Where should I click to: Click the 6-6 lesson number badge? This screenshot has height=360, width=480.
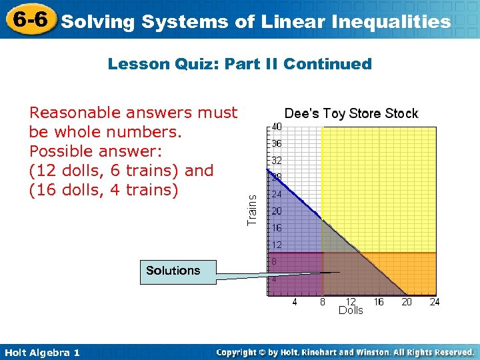pyautogui.click(x=29, y=19)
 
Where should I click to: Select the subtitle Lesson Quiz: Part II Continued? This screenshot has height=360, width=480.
pyautogui.click(x=239, y=64)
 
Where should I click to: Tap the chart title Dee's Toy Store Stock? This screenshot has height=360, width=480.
pyautogui.click(x=351, y=113)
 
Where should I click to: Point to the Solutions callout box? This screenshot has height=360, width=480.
pyautogui.click(x=173, y=271)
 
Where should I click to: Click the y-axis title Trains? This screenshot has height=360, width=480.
pyautogui.click(x=252, y=209)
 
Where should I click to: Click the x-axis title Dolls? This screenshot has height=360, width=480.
pyautogui.click(x=351, y=311)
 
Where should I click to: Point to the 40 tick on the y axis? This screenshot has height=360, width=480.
pyautogui.click(x=275, y=127)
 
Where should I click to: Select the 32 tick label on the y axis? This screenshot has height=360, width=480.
pyautogui.click(x=275, y=161)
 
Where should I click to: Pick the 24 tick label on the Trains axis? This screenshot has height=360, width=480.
pyautogui.click(x=275, y=195)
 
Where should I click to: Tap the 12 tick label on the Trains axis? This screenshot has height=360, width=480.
pyautogui.click(x=275, y=245)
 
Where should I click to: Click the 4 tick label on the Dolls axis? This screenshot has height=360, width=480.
pyautogui.click(x=295, y=302)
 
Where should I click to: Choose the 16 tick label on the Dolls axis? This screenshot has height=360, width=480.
pyautogui.click(x=379, y=302)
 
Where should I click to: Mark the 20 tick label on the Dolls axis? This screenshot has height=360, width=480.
pyautogui.click(x=407, y=302)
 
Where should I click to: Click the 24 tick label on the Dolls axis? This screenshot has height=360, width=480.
pyautogui.click(x=435, y=302)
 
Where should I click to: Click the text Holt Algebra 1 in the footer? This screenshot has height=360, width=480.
pyautogui.click(x=42, y=353)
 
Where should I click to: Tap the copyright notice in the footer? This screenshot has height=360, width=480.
pyautogui.click(x=345, y=352)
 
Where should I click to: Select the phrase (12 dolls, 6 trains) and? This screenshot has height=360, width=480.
pyautogui.click(x=121, y=171)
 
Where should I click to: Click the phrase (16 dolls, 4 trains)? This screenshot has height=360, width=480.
pyautogui.click(x=104, y=190)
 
